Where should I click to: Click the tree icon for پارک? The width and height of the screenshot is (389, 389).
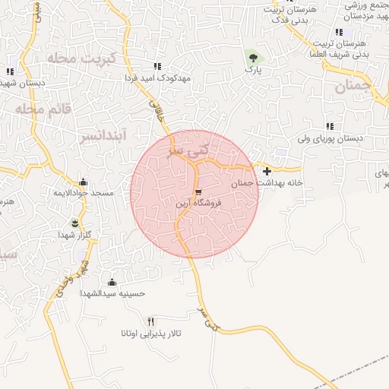tap(252, 56)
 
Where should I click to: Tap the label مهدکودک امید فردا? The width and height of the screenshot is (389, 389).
tap(157, 77)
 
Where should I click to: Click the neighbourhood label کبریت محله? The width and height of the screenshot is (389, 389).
tap(80, 59)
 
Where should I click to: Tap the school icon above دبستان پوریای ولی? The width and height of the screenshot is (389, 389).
tap(329, 126)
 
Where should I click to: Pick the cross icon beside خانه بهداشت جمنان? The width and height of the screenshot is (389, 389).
tap(266, 171)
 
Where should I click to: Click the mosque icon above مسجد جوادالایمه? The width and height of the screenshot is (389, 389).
tap(83, 182)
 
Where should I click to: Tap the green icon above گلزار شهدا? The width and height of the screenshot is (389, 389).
tap(74, 223)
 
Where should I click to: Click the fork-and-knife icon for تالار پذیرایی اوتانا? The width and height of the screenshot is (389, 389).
tap(150, 321)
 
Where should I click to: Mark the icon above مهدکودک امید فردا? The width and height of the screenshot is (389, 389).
tap(157, 66)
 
